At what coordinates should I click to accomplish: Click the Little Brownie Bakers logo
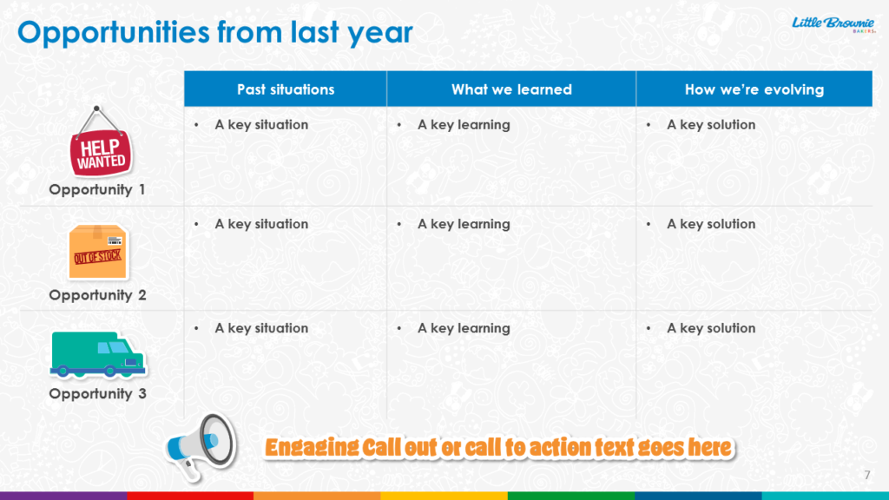point(833,24)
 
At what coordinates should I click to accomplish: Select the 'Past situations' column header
point(285,89)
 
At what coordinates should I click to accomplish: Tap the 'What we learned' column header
point(511,89)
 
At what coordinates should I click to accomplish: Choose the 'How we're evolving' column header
point(754,89)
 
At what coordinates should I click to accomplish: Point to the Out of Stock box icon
point(97,252)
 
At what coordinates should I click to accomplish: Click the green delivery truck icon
point(97,355)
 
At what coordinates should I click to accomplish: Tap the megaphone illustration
point(201,447)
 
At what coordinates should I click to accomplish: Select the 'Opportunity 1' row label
point(97,189)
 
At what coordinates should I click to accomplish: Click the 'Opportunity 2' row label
point(97,295)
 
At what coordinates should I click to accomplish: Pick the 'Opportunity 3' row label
point(97,393)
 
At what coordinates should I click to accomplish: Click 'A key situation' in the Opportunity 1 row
point(261,125)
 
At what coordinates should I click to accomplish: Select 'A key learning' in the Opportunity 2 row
point(464,224)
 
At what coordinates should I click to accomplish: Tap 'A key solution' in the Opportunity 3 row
point(711,328)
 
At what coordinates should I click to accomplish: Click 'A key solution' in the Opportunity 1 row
point(711,125)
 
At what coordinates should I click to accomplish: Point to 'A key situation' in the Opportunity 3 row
point(261,328)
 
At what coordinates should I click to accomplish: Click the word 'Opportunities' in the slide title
point(114,32)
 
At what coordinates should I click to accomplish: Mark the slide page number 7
point(867,475)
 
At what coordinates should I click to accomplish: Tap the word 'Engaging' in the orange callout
point(312,448)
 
